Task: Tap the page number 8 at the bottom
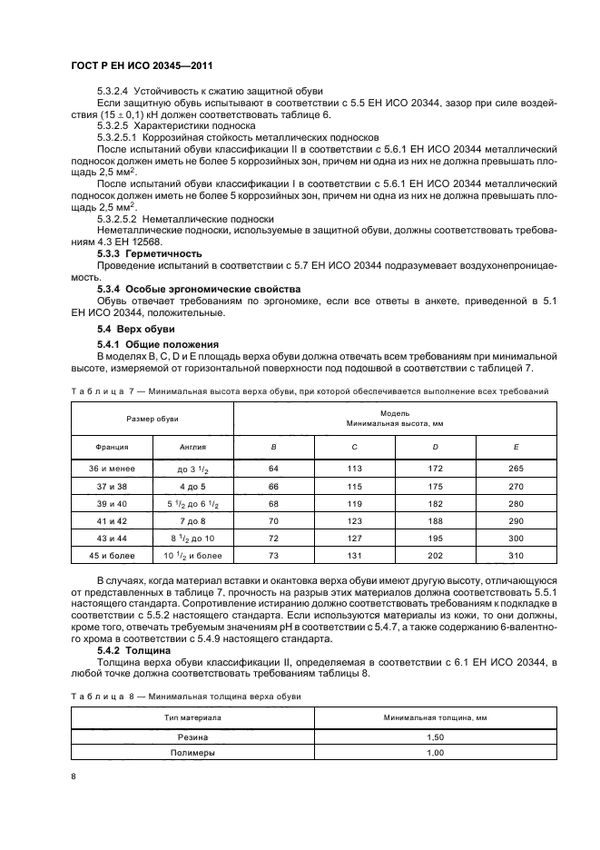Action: [74, 776]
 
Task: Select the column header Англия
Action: [192, 447]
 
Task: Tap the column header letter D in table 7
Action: [435, 447]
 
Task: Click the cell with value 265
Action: [516, 469]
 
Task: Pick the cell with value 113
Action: [354, 469]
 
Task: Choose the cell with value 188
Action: [435, 521]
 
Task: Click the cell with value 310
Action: [516, 556]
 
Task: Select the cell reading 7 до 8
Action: [192, 521]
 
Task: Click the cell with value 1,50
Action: [435, 736]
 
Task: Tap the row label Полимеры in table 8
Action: [192, 753]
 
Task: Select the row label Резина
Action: [192, 736]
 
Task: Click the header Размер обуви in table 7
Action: [152, 419]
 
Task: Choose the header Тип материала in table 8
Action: [192, 717]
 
